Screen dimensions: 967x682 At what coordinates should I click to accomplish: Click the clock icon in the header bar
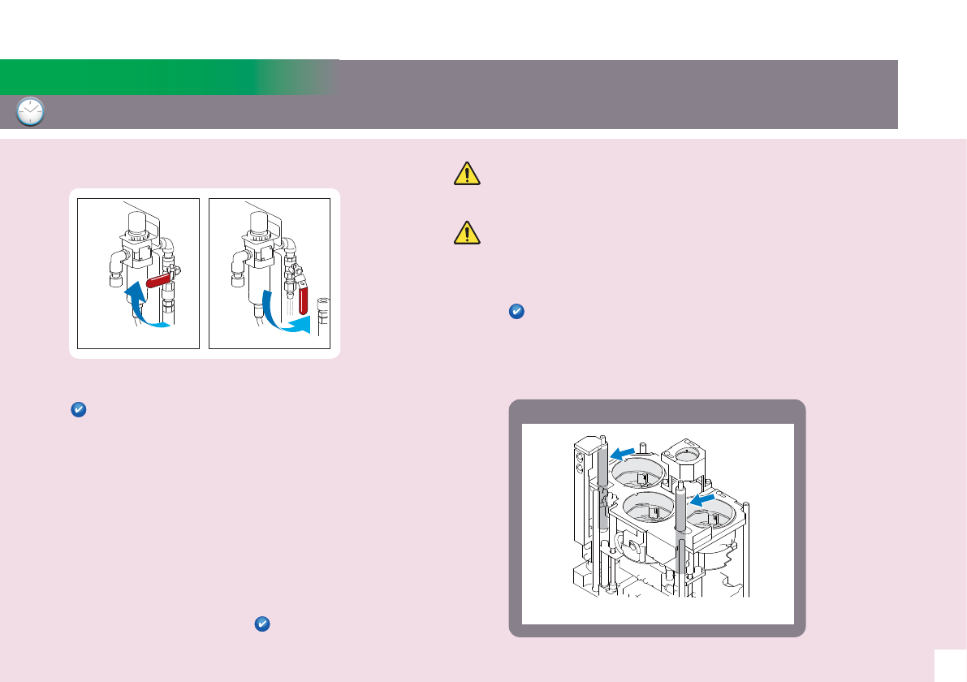(x=30, y=112)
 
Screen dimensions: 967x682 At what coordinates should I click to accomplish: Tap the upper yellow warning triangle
(x=466, y=174)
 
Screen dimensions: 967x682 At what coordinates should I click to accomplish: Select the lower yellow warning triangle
(x=466, y=234)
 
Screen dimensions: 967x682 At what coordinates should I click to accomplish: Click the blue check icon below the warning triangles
(x=516, y=311)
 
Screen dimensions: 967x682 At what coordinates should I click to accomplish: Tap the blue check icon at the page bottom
(x=261, y=624)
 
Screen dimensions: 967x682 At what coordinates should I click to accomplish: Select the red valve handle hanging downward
(x=304, y=298)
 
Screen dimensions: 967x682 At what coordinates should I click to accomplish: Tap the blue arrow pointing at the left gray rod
(x=624, y=452)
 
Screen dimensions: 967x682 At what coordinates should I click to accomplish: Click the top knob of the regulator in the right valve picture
(x=260, y=220)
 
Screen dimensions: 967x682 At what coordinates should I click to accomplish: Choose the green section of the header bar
(x=162, y=77)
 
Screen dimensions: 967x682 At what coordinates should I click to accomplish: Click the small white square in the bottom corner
(x=950, y=665)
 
